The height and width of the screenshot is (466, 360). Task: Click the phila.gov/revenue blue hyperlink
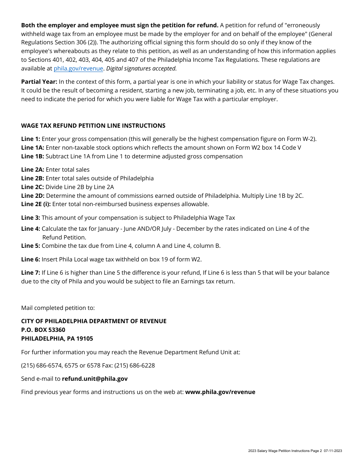click(78, 69)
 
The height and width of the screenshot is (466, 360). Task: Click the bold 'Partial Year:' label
click(39, 82)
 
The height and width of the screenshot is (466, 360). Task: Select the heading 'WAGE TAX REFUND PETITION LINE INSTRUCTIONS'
click(93, 126)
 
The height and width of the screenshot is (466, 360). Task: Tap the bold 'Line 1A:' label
click(33, 148)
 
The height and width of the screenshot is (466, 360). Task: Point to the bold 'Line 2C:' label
click(33, 187)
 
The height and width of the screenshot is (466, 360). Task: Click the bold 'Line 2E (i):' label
click(36, 204)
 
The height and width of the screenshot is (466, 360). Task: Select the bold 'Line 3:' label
click(30, 218)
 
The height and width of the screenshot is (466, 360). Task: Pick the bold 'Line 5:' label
click(30, 246)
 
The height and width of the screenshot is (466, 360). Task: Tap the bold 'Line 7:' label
click(30, 273)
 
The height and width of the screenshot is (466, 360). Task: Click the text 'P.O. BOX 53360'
click(43, 330)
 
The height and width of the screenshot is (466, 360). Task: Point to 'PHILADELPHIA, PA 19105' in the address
click(57, 339)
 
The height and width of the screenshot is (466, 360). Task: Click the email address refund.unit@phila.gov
click(95, 379)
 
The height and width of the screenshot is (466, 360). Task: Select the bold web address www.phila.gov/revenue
click(220, 392)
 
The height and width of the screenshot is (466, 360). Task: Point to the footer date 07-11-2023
click(333, 451)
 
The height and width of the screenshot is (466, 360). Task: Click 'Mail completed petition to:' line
click(58, 308)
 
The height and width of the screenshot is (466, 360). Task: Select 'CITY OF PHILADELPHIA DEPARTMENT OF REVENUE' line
click(94, 321)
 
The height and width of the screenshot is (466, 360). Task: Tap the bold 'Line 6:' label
click(30, 260)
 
